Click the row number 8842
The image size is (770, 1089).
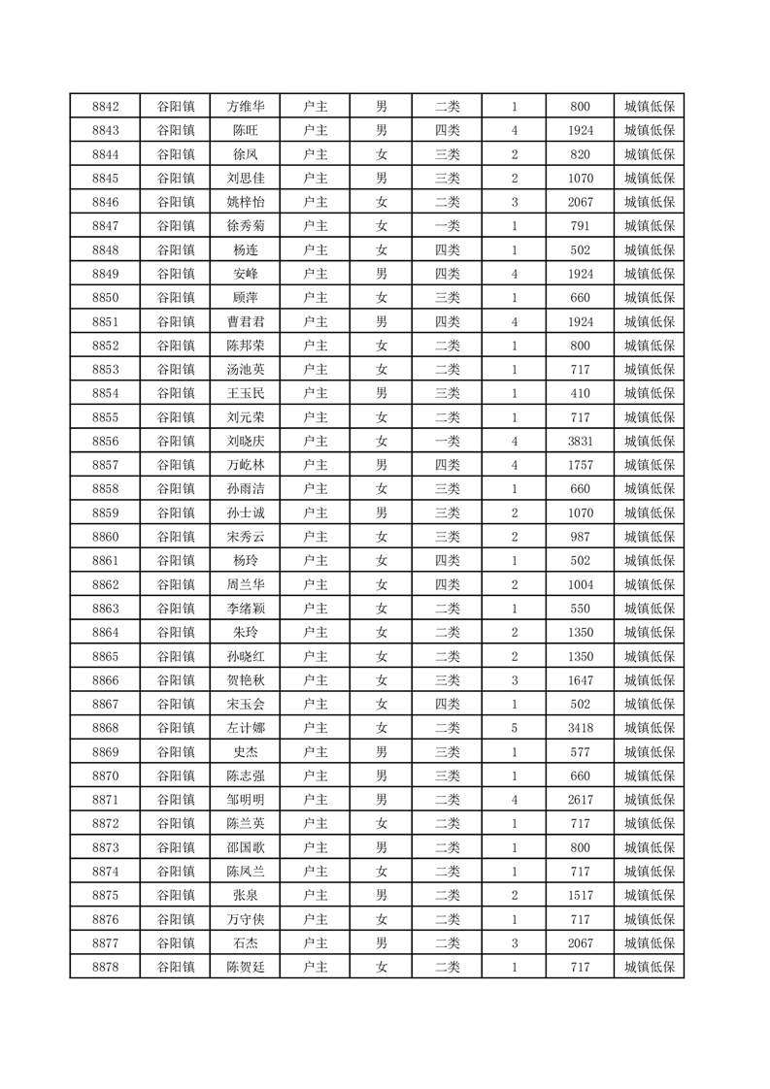coord(105,107)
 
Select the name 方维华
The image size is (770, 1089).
coord(245,107)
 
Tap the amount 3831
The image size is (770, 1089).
coord(581,441)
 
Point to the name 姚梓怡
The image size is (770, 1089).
coord(245,202)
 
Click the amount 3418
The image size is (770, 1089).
coord(581,728)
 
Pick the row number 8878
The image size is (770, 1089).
coord(105,967)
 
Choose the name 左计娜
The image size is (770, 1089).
coord(245,728)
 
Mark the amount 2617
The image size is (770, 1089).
coord(581,799)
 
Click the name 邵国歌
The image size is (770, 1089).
coord(245,847)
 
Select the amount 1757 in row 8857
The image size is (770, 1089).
coord(581,465)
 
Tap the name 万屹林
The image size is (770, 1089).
coord(245,465)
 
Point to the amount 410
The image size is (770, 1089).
coord(581,393)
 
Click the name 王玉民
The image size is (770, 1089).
coord(245,393)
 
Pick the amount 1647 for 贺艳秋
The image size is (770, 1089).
coord(581,680)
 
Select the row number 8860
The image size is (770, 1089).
coord(105,537)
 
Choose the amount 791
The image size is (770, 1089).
coord(581,226)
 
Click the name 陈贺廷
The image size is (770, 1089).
coord(245,967)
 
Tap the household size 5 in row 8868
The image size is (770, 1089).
coord(514,728)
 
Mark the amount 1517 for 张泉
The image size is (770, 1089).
coord(581,895)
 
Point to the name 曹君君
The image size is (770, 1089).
coord(245,321)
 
